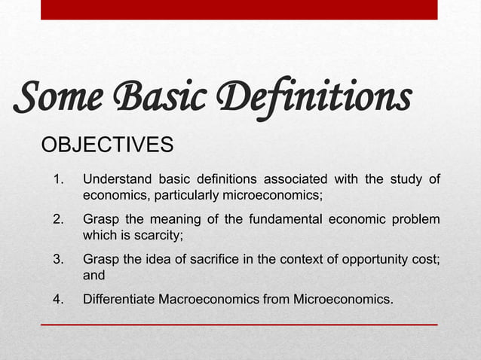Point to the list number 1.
(x=57, y=179)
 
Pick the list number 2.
(x=57, y=220)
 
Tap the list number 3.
(x=57, y=261)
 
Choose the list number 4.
(x=57, y=301)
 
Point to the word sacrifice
(x=198, y=261)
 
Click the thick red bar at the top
(x=238, y=9)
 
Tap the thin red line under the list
(x=238, y=325)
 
